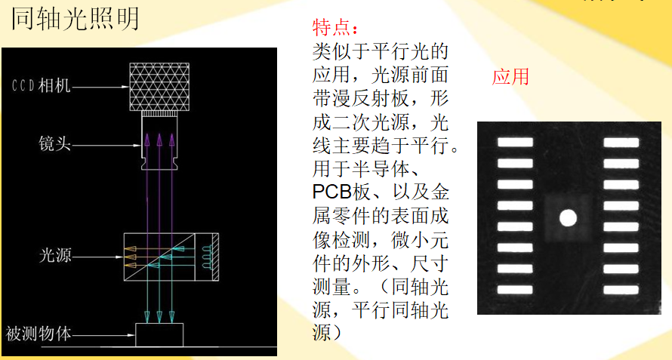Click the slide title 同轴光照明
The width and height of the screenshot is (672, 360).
[76, 18]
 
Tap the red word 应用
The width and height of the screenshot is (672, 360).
[510, 76]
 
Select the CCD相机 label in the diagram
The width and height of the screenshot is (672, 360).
[41, 85]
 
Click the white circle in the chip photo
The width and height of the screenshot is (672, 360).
[568, 219]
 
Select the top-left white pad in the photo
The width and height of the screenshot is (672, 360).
[515, 141]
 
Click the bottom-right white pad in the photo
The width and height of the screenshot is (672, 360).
[621, 290]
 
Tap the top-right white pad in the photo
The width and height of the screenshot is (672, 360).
[621, 141]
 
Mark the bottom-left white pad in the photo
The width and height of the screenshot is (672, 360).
[515, 290]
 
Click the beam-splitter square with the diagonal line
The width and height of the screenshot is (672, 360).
[159, 256]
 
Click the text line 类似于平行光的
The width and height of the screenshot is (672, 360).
[380, 52]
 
